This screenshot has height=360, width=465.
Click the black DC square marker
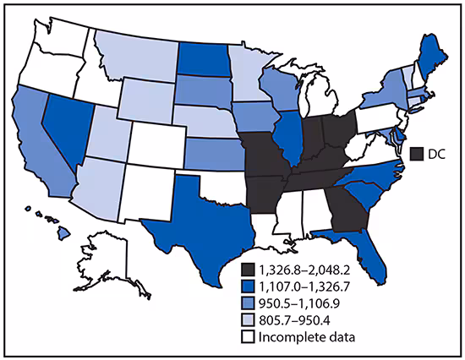click(x=415, y=154)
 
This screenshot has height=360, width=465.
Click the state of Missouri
click(x=263, y=156)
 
